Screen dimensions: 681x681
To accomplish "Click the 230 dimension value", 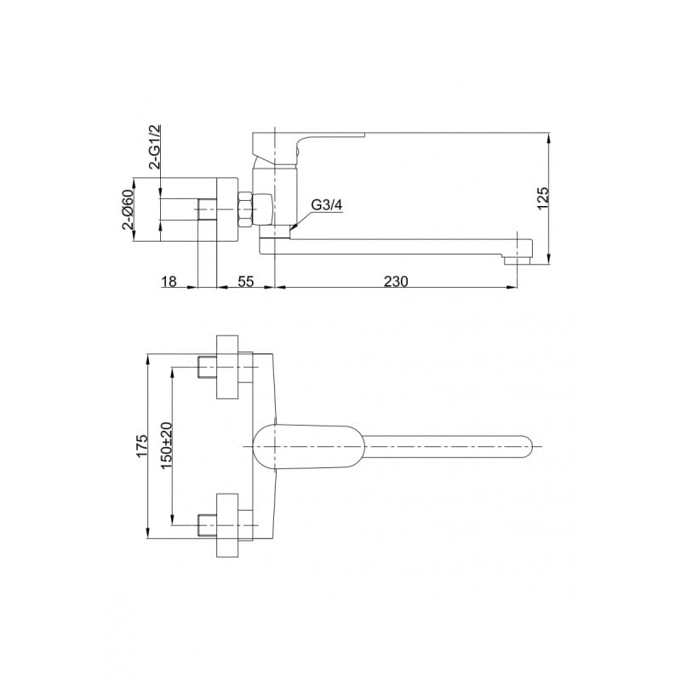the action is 396,282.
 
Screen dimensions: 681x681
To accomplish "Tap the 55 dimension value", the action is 245,282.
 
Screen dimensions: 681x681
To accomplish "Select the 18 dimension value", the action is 169,282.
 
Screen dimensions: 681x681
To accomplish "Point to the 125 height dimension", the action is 543,198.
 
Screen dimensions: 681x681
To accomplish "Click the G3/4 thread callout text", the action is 327,205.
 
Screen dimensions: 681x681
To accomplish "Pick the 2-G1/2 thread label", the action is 155,146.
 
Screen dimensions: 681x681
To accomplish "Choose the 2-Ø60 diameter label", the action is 129,209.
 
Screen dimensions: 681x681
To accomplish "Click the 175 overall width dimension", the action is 142,445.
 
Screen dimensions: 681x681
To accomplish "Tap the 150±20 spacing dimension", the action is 167,445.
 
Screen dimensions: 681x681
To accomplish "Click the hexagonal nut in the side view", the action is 244,209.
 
